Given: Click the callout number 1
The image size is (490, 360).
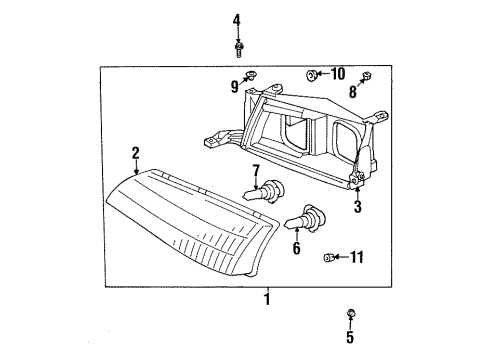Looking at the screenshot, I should click(x=266, y=299).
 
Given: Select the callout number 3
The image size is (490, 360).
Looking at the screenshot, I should click(x=357, y=207).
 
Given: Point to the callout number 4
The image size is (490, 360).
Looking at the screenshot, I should click(x=238, y=20).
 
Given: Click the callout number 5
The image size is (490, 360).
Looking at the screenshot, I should click(x=350, y=337).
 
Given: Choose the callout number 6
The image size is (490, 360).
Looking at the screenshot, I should click(x=296, y=248).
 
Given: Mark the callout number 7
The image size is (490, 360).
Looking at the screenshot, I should click(x=256, y=169).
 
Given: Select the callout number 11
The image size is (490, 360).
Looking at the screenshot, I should click(x=358, y=258).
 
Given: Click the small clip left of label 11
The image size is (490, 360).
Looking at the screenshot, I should click(x=330, y=259).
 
